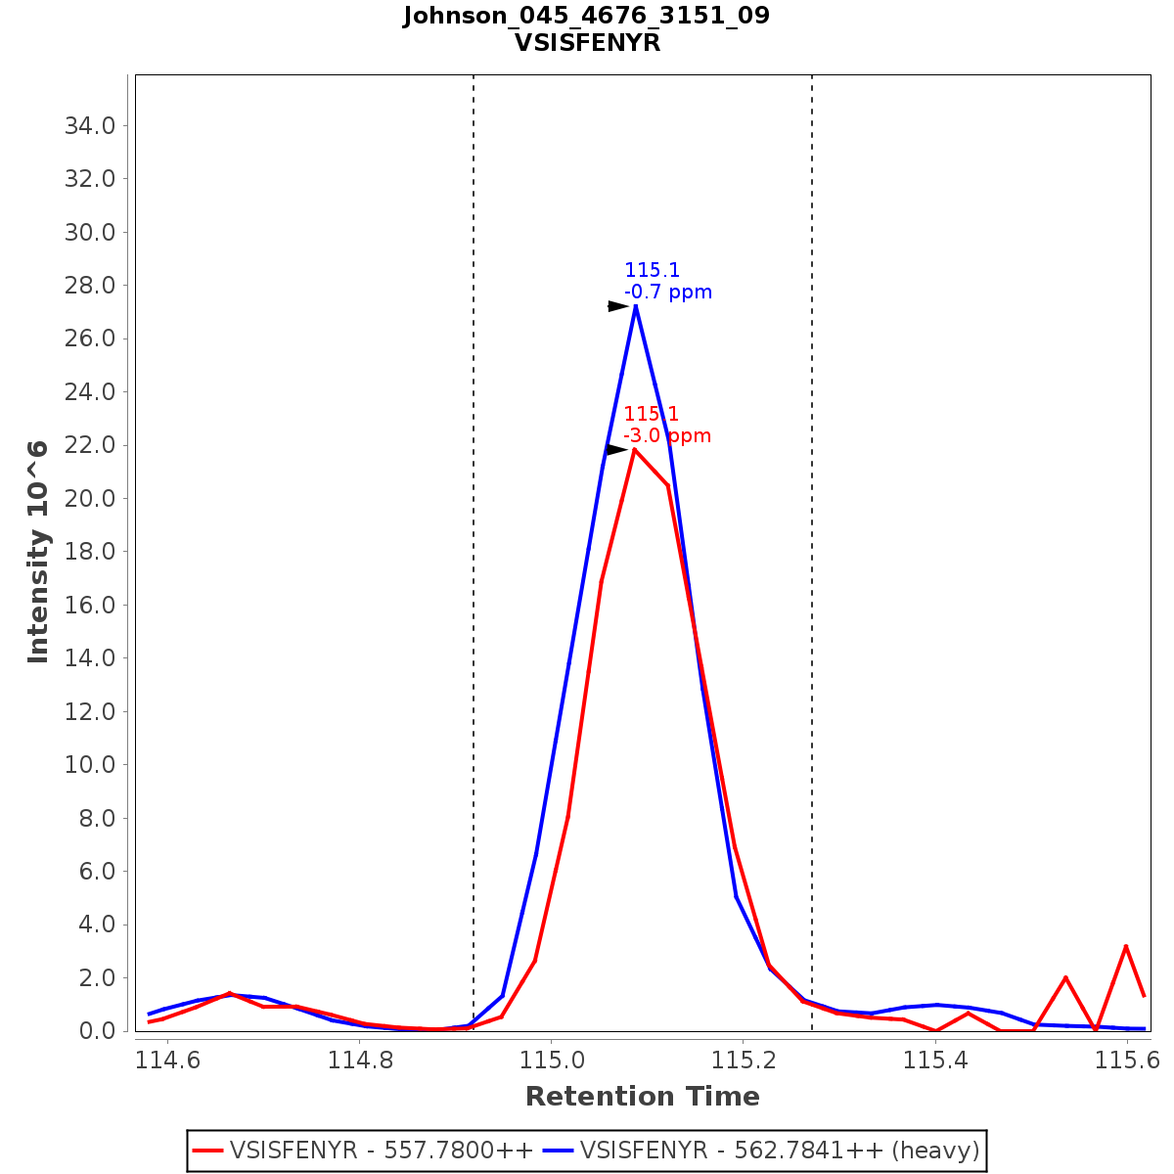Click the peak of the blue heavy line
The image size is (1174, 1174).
[x=636, y=306]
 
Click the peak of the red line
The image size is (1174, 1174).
[x=634, y=449]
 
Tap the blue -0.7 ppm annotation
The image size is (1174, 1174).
[x=668, y=293]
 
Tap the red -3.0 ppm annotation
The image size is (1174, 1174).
[x=667, y=435]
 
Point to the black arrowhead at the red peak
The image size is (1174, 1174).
[x=615, y=449]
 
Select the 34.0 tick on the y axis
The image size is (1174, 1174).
[x=90, y=125]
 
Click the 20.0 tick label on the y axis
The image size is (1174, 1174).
[x=90, y=499]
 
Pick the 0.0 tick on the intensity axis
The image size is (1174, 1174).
[x=96, y=1031]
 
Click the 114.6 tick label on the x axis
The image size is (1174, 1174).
[x=168, y=1060]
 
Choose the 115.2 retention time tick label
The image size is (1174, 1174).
[x=744, y=1060]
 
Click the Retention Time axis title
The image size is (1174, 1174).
[x=643, y=1097]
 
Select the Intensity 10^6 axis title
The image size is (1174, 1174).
[x=38, y=552]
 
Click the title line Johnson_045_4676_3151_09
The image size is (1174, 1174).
[x=587, y=16]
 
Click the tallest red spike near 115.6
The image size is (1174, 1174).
[x=1126, y=946]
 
